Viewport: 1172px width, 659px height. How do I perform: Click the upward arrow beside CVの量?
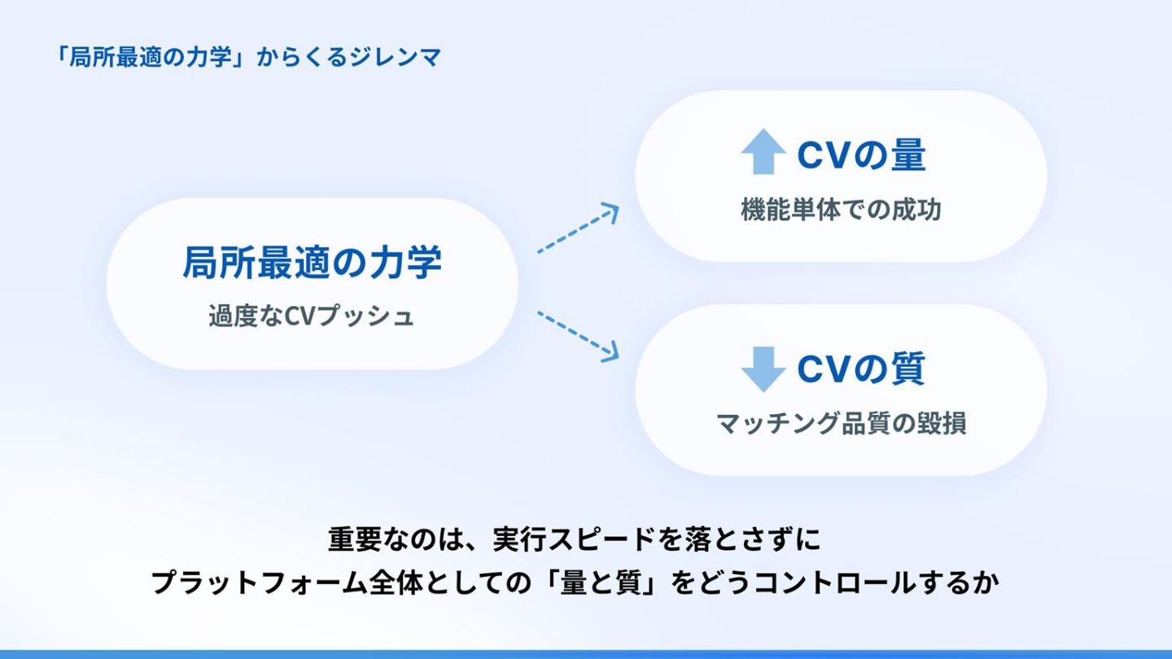[x=763, y=154]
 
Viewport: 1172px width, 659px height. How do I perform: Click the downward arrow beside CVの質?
[x=763, y=369]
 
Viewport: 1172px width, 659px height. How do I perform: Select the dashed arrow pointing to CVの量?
[x=578, y=229]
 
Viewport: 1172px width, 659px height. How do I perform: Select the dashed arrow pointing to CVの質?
[x=578, y=334]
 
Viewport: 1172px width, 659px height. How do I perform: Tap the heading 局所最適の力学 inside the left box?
[x=312, y=263]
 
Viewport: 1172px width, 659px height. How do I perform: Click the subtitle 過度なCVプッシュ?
[x=312, y=316]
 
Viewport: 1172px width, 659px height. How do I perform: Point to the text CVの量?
[x=860, y=155]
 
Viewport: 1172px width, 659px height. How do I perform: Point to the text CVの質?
[x=860, y=369]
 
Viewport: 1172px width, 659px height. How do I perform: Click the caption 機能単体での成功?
[x=841, y=210]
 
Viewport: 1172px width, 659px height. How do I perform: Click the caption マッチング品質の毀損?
[x=841, y=424]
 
